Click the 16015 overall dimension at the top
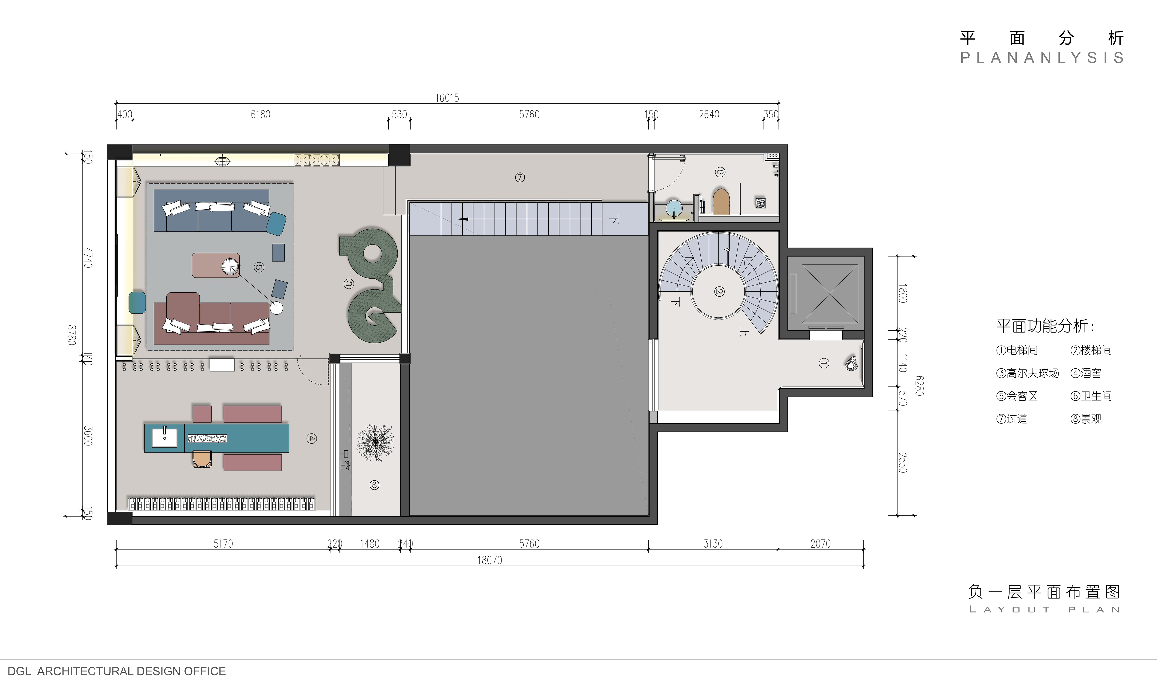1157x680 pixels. coord(447,98)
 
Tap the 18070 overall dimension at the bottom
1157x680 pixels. coord(490,560)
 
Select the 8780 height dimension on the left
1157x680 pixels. coord(71,335)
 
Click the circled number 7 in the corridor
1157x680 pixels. coord(520,177)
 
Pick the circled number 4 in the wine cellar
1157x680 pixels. coord(311,439)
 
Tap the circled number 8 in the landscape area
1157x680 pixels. coord(374,484)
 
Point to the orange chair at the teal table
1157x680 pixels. coord(202,459)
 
